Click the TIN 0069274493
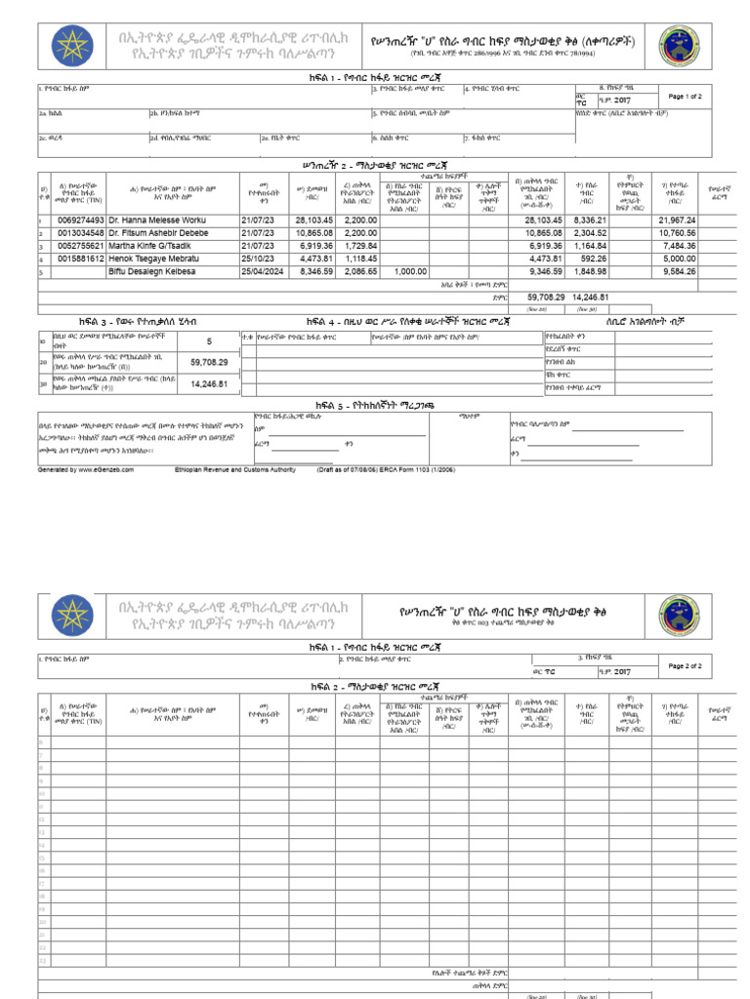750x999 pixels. point(81,221)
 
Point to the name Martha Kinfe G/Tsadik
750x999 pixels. point(150,247)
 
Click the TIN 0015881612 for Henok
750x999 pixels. point(81,260)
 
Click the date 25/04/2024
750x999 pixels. point(264,272)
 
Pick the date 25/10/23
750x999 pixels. point(259,260)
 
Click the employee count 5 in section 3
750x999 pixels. point(208,341)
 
